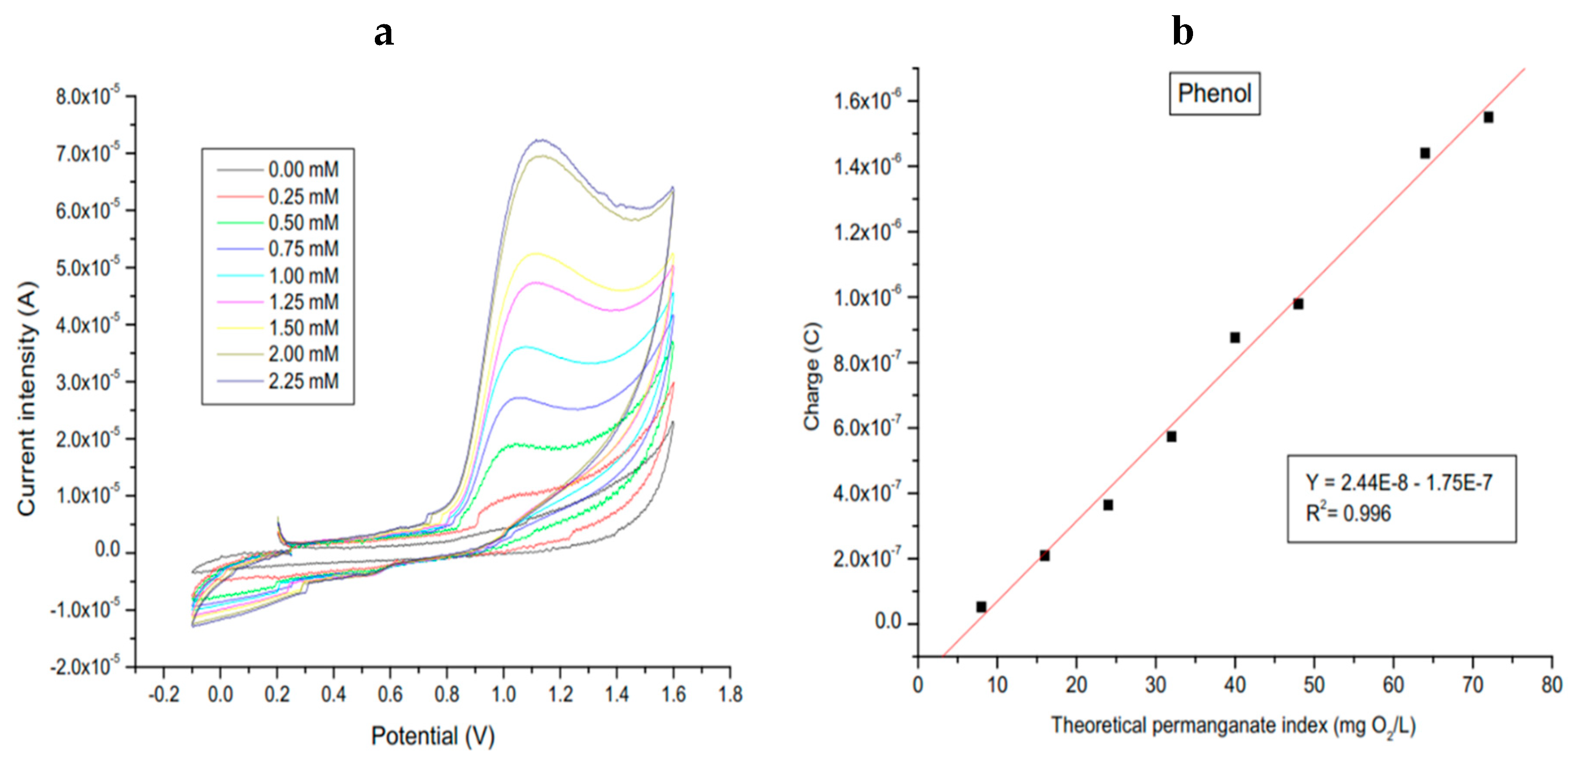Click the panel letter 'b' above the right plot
point(1182,32)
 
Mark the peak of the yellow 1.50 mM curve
point(537,253)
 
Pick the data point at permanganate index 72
point(1488,117)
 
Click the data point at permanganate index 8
point(981,606)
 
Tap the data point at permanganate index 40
point(1235,337)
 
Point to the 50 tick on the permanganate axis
point(1314,685)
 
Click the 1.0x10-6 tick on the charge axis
point(867,298)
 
